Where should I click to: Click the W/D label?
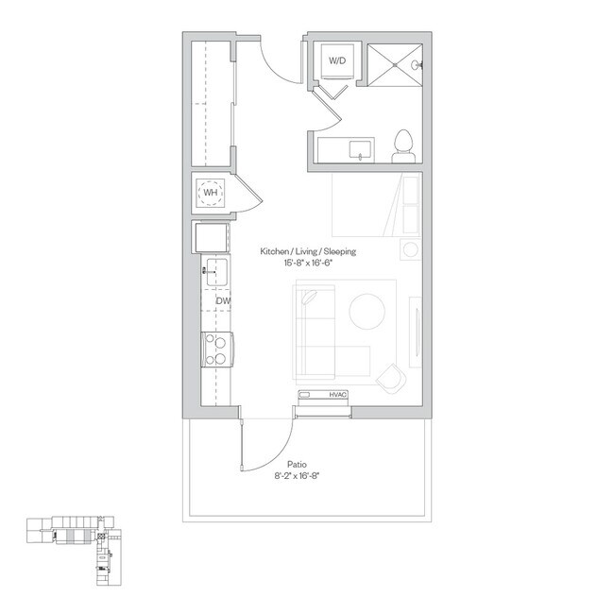[337, 60]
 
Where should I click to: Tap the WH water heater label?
[211, 193]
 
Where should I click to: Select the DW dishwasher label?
[223, 300]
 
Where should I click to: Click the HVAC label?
[338, 395]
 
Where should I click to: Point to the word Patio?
[297, 465]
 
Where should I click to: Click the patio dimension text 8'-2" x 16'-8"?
[298, 476]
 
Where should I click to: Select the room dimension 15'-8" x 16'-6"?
[308, 263]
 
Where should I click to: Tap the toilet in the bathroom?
[403, 146]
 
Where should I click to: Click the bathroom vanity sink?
[360, 150]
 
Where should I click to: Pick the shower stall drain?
[395, 64]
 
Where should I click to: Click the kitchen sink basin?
[217, 272]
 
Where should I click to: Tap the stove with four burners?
[217, 350]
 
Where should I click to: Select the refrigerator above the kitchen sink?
[212, 237]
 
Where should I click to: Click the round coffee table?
[367, 312]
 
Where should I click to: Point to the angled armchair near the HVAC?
[392, 378]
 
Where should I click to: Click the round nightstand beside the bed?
[410, 249]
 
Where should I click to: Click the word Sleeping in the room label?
[340, 251]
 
